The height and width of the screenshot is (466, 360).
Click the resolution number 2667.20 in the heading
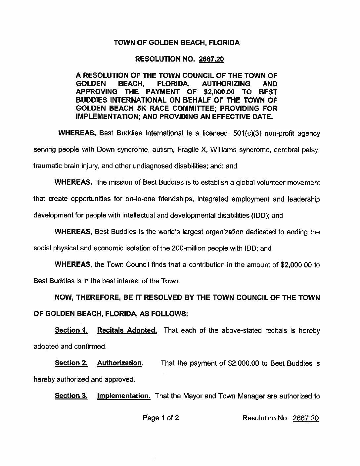(211, 60)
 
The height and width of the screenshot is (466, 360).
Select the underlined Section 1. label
(71, 330)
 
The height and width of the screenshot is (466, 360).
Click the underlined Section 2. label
(71, 363)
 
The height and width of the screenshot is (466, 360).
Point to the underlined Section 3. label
(71, 396)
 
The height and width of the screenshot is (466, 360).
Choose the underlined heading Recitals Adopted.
(127, 330)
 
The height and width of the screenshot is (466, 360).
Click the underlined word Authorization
(119, 363)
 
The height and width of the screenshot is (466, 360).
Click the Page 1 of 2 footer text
(161, 418)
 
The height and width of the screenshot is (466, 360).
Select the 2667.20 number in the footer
(306, 418)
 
